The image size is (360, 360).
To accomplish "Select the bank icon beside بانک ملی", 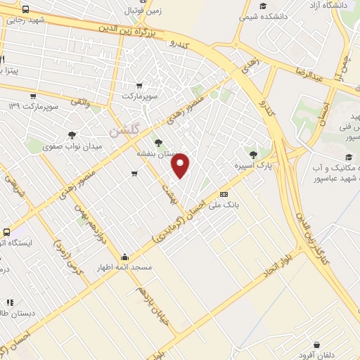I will click(224, 194).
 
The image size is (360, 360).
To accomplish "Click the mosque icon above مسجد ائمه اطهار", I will click(125, 256).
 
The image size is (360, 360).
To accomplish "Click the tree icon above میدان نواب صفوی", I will click(72, 135).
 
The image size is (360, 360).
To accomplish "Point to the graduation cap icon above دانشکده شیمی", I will click(263, 6).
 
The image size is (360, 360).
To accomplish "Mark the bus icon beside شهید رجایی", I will click(25, 10).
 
